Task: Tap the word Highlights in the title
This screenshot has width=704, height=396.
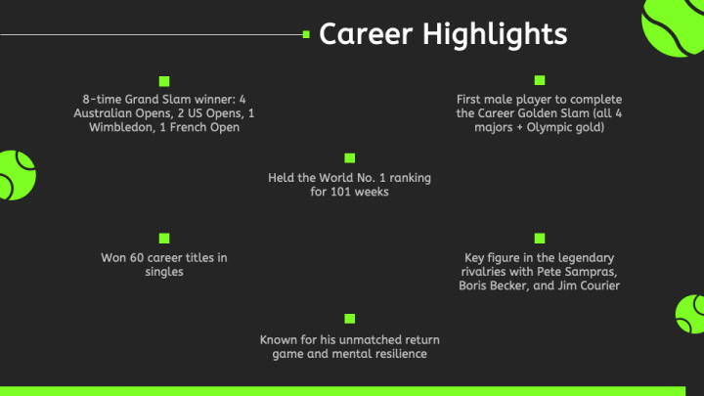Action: tap(495, 35)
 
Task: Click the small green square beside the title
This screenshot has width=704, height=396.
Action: tap(306, 34)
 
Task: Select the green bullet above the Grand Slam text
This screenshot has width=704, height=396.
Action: tap(164, 81)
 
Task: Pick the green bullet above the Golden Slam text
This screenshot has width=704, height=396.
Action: tap(540, 80)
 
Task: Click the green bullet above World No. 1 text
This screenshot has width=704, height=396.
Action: tap(350, 158)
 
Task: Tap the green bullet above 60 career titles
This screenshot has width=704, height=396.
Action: tap(164, 238)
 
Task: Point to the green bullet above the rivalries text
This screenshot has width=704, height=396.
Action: tap(540, 238)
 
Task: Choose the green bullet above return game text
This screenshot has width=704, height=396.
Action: tap(350, 319)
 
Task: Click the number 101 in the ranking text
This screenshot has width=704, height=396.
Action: tap(339, 192)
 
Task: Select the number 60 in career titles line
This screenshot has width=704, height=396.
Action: tap(137, 258)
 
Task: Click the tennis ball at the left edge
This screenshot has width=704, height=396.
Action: tap(17, 176)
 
